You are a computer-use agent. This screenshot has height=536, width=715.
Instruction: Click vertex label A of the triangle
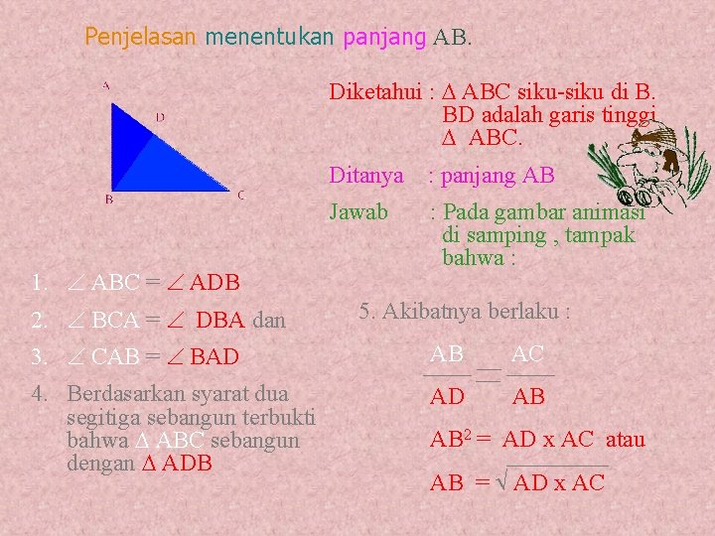(106, 85)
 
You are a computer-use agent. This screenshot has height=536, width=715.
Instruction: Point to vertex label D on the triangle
(160, 117)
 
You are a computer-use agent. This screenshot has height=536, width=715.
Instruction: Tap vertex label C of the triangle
(240, 196)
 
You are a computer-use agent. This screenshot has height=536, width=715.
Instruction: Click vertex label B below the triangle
(109, 200)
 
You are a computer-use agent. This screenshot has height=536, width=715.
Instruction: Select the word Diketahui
(375, 92)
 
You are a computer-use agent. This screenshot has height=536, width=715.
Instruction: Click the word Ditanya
(366, 176)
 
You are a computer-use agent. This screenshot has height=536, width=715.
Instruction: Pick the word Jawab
(358, 211)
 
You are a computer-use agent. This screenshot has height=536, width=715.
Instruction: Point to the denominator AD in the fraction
(447, 397)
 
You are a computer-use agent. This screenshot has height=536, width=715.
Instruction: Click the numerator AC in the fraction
(527, 354)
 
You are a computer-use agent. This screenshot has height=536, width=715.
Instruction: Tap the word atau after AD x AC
(626, 440)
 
